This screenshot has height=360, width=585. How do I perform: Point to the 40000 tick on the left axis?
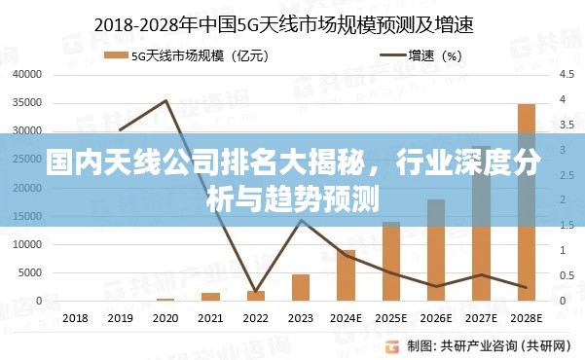coord(28,74)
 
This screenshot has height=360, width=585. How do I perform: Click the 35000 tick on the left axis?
coord(28,102)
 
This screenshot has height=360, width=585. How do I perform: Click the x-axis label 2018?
coord(75,318)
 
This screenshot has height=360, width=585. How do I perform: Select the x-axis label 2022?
coord(255,318)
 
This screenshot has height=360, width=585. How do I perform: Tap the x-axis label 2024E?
coord(346,318)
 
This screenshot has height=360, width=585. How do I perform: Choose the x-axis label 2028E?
coord(527,318)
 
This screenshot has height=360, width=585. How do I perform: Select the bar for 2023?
coord(301,288)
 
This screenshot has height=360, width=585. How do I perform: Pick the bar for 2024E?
coord(346,275)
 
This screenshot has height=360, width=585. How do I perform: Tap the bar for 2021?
coord(210,297)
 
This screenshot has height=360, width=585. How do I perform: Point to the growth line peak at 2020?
coord(165,100)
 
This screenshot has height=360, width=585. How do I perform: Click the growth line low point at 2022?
coord(255,291)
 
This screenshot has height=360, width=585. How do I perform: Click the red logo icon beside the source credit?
coord(391,345)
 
